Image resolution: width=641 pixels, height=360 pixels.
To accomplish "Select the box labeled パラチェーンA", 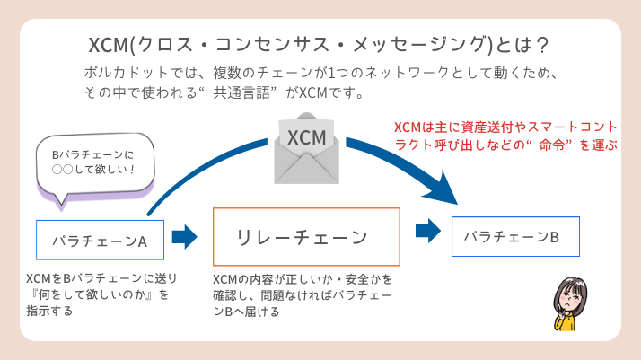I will pos(100,240).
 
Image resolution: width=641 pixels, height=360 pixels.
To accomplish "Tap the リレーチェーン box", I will pos(305,237).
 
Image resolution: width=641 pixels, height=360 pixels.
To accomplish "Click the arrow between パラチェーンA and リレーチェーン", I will pos(184,237).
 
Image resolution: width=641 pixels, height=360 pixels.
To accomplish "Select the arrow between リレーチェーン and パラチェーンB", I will pos(427,232).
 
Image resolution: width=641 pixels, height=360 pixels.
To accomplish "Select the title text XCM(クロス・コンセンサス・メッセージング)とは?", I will pos(319,45).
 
